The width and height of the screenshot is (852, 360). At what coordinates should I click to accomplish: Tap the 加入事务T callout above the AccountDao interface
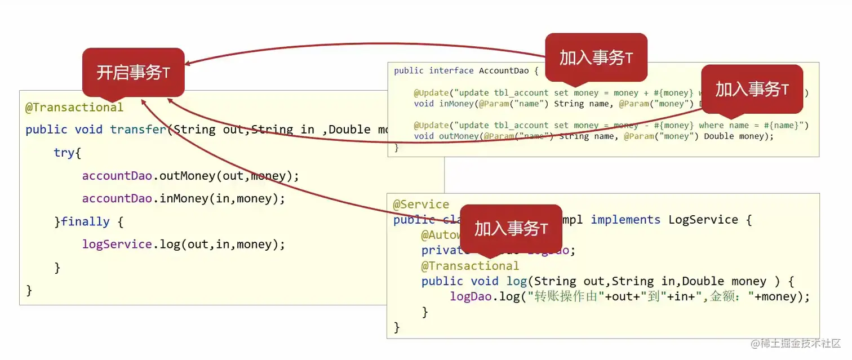(596, 57)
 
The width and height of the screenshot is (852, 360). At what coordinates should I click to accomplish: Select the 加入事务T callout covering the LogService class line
(511, 228)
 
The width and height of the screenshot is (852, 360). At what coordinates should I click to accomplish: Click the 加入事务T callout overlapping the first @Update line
(752, 89)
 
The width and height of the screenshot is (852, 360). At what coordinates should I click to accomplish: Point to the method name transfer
(139, 130)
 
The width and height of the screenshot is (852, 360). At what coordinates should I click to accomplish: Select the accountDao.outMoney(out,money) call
(190, 176)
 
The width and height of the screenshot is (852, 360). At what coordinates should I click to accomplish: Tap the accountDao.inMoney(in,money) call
(184, 198)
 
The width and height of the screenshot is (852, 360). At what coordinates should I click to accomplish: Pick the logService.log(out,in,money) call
(184, 244)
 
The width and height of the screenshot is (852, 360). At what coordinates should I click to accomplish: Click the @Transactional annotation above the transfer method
(74, 107)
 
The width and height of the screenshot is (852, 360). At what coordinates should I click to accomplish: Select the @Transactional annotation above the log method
(470, 265)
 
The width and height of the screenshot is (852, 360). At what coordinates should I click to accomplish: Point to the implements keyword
(625, 219)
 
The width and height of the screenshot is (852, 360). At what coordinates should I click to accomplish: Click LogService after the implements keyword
(703, 219)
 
